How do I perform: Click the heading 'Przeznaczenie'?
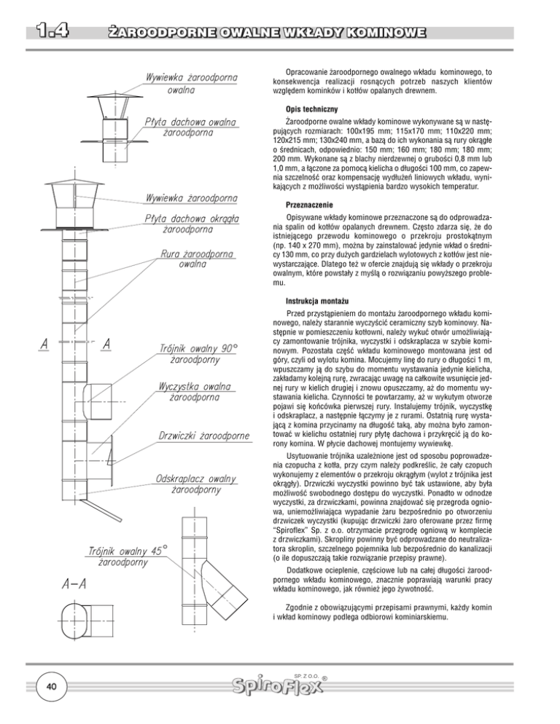click(x=311, y=205)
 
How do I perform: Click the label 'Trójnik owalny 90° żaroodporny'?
click(x=195, y=354)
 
